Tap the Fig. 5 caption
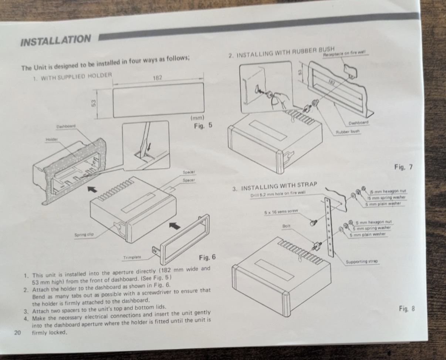point(203,125)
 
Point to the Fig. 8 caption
point(407,308)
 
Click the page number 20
point(17,332)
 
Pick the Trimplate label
point(132,257)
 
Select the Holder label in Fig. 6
point(51,139)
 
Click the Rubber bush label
point(347,132)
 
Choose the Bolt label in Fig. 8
point(286,225)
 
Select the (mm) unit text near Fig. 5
point(197,119)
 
